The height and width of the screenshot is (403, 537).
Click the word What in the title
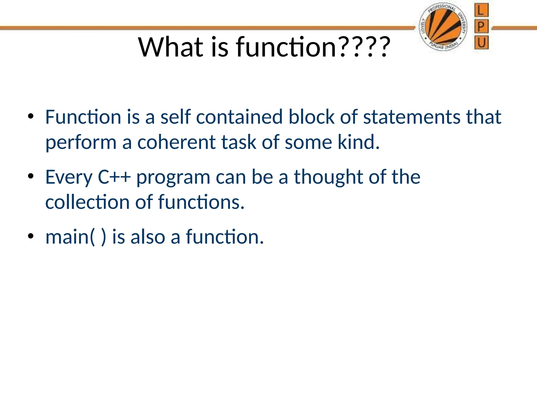coord(171,47)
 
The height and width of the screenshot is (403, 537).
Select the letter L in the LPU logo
coord(481,10)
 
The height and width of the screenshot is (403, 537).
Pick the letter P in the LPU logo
coord(481,26)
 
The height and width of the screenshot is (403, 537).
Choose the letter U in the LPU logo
coord(481,42)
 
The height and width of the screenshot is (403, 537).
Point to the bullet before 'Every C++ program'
coord(31,176)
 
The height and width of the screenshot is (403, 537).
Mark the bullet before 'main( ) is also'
coord(31,236)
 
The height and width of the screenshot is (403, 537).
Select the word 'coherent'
coord(176,142)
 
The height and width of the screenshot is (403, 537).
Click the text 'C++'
coord(114,177)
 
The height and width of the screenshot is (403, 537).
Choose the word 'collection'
coord(87,202)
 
